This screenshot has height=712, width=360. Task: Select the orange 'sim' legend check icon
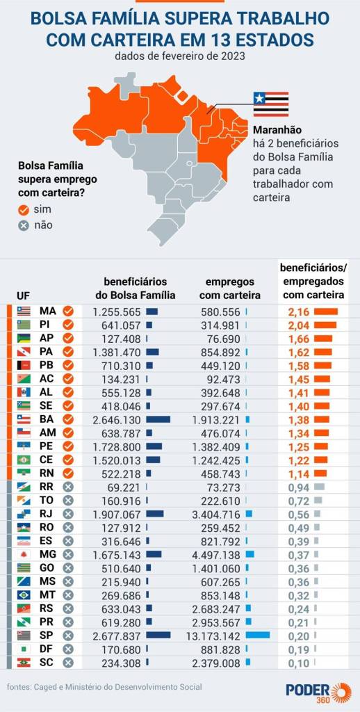24,209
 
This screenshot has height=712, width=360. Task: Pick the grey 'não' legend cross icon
24,225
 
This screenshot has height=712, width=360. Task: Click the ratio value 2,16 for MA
299,311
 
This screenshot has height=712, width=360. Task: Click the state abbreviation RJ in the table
48,514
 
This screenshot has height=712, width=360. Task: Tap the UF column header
23,296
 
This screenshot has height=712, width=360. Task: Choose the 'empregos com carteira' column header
230,289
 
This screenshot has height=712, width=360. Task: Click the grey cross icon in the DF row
67,649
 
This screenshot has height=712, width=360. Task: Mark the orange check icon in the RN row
67,474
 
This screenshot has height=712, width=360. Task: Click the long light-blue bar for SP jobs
257,636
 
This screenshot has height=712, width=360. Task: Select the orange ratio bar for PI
325,325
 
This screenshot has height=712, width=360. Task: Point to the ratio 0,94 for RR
299,487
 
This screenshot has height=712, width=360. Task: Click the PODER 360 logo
318,692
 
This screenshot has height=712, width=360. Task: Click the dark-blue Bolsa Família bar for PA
152,352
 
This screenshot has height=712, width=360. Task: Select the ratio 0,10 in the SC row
299,663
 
